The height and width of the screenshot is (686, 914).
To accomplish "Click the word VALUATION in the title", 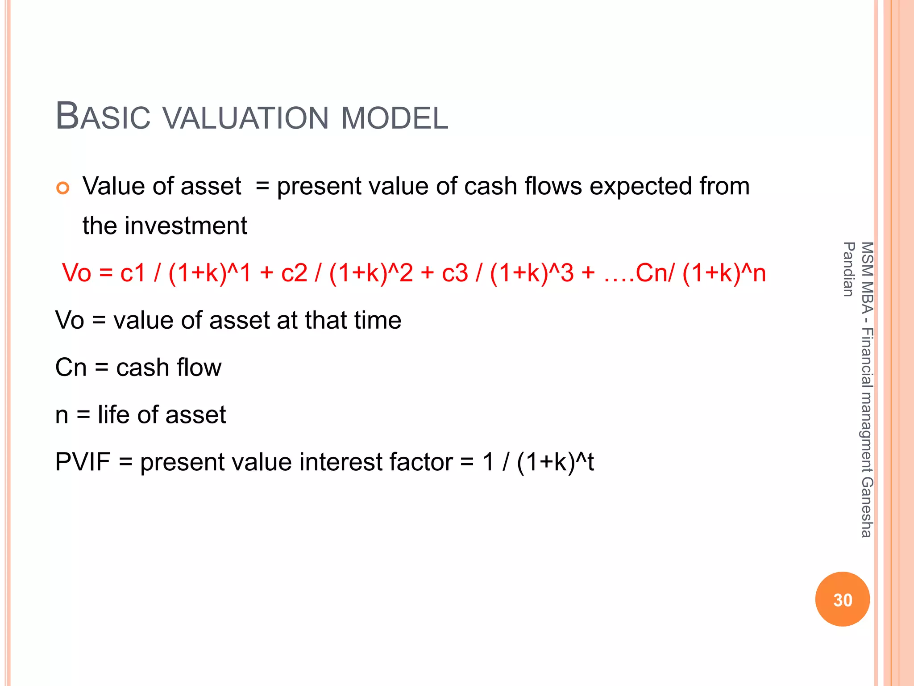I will pos(246,118).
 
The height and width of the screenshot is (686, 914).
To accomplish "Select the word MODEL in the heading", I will pos(395,118).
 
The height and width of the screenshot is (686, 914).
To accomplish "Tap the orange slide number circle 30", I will pos(842,599).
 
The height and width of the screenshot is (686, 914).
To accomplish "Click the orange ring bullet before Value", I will pos(63,188).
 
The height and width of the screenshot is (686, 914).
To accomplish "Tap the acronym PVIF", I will pos(83,462).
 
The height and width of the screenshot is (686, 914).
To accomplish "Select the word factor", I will pos(421,462).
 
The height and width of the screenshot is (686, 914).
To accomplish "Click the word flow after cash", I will pos(199,368).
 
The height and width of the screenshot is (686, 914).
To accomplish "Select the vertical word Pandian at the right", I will pos(848,269).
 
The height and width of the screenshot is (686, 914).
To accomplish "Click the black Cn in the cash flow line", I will pos(71,368).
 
